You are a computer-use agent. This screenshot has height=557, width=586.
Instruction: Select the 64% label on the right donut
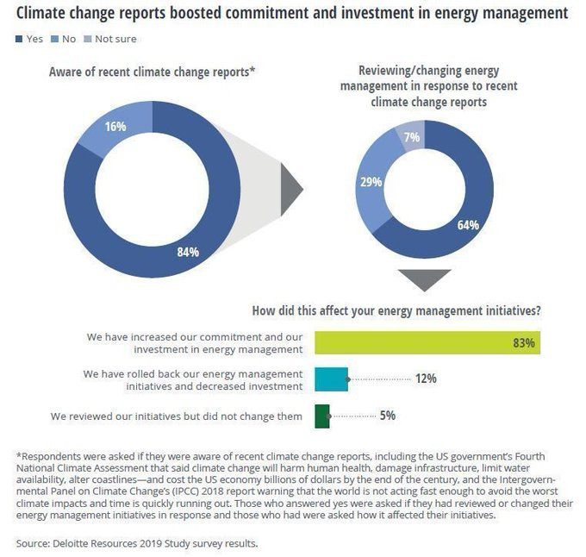pyautogui.click(x=469, y=226)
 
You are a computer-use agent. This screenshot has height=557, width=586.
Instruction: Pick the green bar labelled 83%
pyautogui.click(x=427, y=342)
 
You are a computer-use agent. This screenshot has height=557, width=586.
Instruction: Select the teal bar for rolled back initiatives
pyautogui.click(x=332, y=380)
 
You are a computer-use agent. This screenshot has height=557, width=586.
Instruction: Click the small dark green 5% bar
pyautogui.click(x=322, y=416)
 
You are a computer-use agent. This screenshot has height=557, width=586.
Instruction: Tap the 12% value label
pyautogui.click(x=425, y=379)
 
